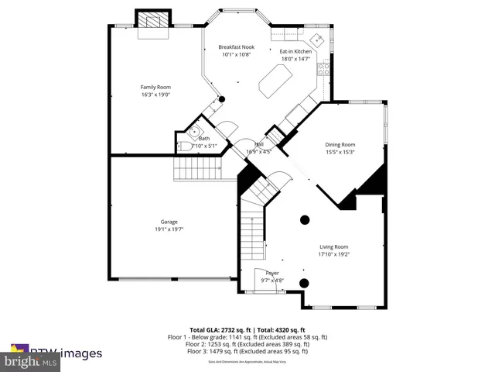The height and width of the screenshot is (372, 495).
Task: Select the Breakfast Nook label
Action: coord(236,46)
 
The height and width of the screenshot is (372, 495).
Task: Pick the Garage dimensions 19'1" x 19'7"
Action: coord(169,229)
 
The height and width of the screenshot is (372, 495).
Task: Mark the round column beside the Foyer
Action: coord(304,283)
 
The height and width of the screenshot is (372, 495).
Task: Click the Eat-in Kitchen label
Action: coord(295,51)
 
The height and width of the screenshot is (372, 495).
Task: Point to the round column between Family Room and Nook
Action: coord(221,99)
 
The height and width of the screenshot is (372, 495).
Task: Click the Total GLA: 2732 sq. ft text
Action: coord(218,330)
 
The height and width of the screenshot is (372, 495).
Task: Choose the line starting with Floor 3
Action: coord(247,351)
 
